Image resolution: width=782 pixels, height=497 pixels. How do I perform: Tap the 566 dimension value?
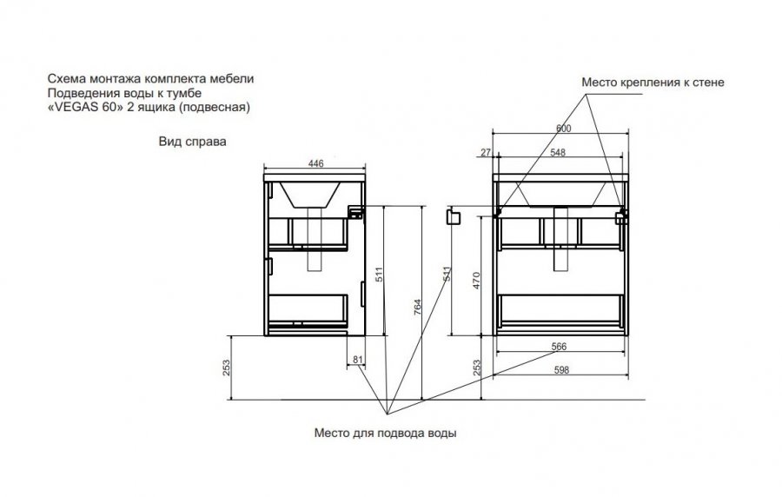(x=560, y=347)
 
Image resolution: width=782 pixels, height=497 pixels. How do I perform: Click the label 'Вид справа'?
(x=186, y=141)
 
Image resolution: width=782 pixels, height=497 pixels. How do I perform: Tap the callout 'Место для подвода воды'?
(x=385, y=432)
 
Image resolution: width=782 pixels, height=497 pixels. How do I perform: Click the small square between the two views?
(x=452, y=216)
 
